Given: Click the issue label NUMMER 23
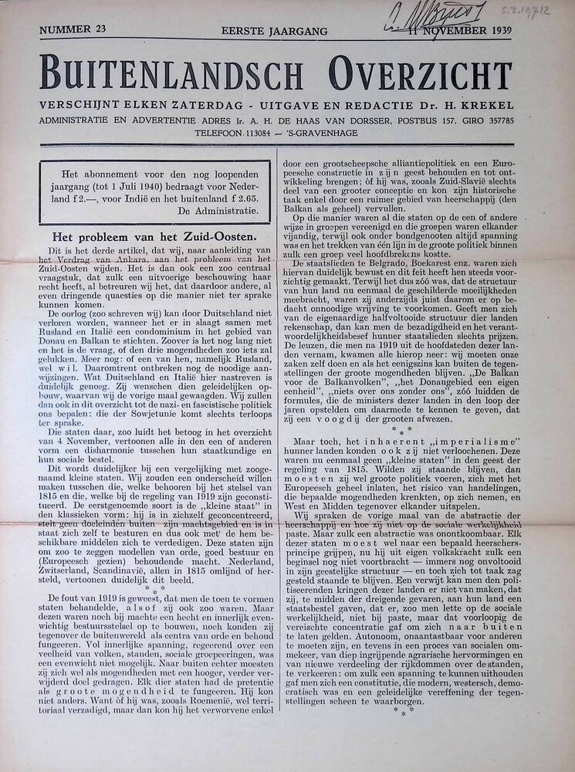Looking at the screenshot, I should click(x=72, y=30).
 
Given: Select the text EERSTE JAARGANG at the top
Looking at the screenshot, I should click(x=274, y=31).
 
